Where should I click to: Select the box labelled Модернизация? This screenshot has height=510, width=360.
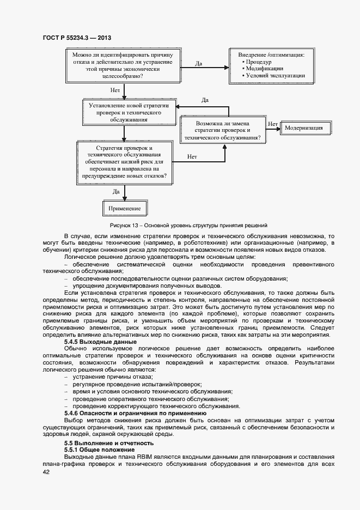(303, 128)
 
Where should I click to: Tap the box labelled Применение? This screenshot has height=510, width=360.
(124, 208)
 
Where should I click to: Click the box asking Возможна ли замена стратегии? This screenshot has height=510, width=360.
(223, 131)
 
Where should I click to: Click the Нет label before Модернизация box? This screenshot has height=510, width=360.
(273, 124)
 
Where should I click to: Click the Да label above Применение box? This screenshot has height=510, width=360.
(116, 191)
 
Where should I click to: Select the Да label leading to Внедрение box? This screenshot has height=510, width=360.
(199, 63)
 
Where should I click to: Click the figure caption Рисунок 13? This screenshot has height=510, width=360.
(188, 225)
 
